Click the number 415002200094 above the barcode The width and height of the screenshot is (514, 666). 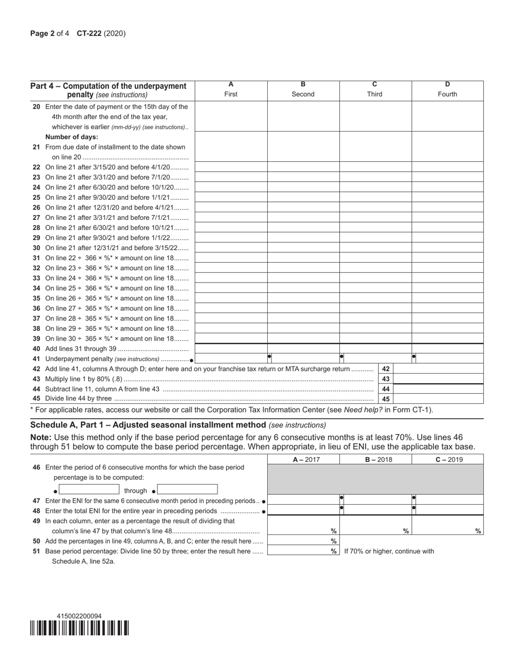tap(79, 616)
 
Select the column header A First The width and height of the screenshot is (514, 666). tap(231, 89)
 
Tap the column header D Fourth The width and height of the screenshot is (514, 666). tap(447, 89)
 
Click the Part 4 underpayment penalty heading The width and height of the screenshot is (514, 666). tap(108, 90)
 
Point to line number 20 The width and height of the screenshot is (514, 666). tap(36, 107)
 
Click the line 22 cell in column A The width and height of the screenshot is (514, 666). tap(231, 167)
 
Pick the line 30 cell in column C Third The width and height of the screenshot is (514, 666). tap(375, 247)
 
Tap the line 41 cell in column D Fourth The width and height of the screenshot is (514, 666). tap(449, 358)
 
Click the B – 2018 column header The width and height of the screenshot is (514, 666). tap(375, 460)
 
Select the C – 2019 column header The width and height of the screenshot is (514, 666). tap(447, 460)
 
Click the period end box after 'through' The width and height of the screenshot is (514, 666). tap(187, 490)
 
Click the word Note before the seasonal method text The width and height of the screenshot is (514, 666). tap(40, 437)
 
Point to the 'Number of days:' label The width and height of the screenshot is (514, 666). tap(72, 137)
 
